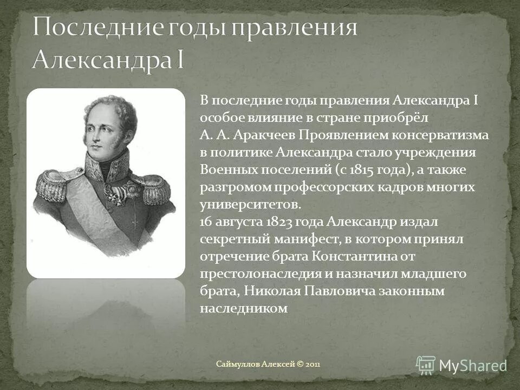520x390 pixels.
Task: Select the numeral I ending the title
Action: (179, 60)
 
